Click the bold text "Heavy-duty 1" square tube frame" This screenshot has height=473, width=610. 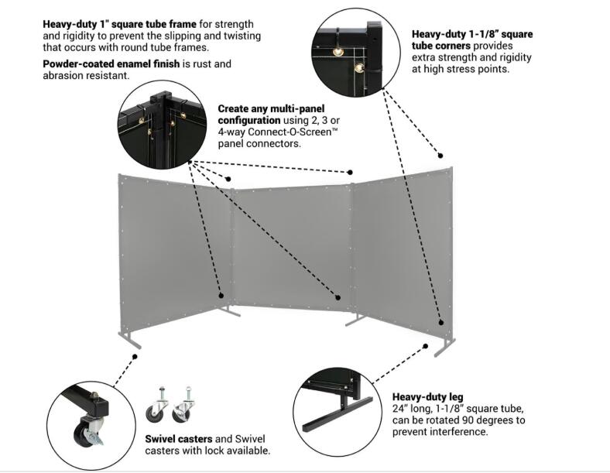point(119,23)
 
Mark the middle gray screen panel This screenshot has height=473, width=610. point(290,244)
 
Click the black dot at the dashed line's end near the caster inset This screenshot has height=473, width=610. point(135,357)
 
